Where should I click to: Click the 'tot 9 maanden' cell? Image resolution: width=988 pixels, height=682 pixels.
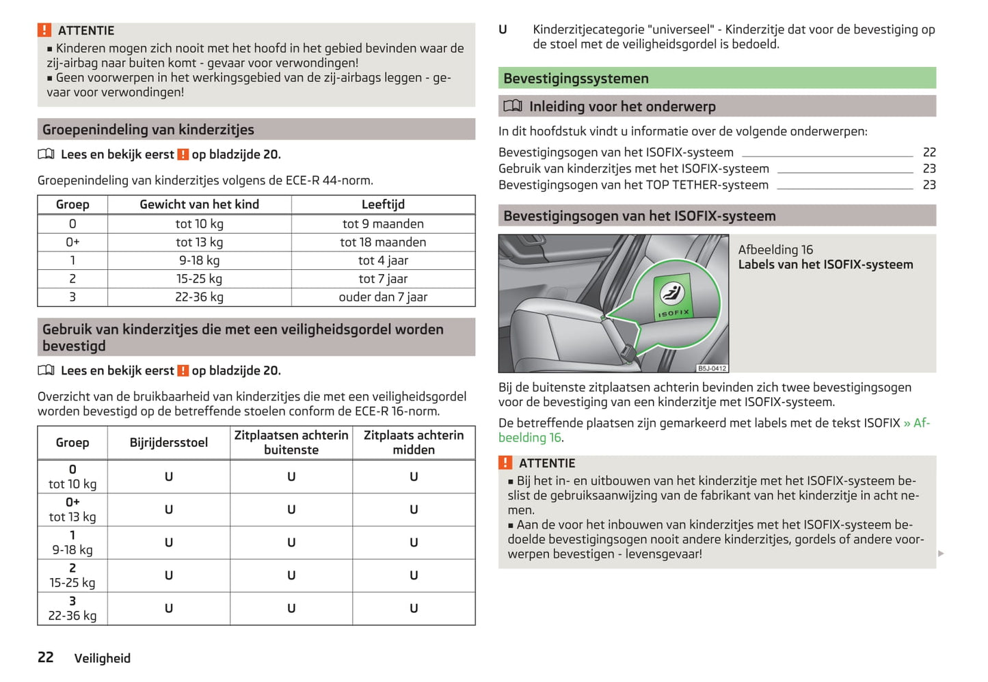tap(383, 224)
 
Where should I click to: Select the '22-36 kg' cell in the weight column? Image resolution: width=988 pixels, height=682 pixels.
tap(199, 297)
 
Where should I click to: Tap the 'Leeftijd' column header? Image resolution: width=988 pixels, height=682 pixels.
tap(383, 204)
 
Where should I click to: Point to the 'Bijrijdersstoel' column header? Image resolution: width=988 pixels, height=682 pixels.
tap(168, 443)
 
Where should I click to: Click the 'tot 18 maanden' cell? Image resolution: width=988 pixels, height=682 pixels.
tap(383, 243)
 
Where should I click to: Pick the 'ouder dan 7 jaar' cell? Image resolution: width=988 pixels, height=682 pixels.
tap(383, 297)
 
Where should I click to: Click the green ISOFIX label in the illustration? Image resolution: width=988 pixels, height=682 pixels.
tap(673, 297)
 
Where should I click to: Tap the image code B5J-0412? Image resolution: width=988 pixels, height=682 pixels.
tap(712, 368)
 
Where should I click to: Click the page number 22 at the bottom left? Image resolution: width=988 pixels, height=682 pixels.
tap(46, 657)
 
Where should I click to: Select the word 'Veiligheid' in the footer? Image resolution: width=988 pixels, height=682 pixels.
tap(102, 658)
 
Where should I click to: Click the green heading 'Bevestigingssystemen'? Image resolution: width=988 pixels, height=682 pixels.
tap(576, 79)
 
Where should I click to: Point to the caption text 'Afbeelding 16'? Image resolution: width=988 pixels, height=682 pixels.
tap(775, 249)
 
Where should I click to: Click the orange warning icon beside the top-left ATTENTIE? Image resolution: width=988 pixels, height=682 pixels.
tap(44, 30)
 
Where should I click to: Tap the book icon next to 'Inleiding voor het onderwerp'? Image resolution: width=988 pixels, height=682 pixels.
tap(513, 106)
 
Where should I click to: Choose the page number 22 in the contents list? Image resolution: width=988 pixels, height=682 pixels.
tap(929, 152)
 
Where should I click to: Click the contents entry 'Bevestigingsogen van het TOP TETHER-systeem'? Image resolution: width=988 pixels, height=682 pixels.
tap(633, 185)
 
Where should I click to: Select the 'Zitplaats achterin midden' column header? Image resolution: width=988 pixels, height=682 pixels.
tap(414, 443)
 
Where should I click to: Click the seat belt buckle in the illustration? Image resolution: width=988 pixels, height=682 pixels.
tap(626, 352)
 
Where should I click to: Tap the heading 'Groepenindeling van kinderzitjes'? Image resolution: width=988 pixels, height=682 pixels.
tap(148, 130)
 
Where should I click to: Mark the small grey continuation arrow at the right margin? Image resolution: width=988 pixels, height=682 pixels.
tap(941, 553)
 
